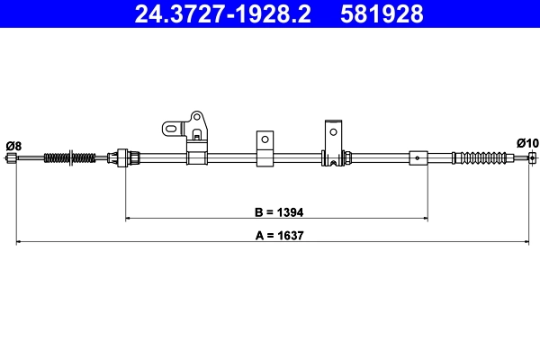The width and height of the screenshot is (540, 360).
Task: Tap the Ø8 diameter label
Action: click(13, 146)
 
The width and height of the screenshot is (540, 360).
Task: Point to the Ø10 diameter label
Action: click(527, 143)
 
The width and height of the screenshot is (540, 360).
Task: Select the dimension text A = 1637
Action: click(274, 237)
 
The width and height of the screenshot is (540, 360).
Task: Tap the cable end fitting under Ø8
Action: click(12, 159)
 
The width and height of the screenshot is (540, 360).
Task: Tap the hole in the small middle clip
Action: click(265, 139)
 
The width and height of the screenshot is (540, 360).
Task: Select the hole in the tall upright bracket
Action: click(333, 130)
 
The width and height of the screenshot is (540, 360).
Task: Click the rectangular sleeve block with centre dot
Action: click(418, 158)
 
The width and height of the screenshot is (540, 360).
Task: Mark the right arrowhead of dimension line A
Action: click(525, 241)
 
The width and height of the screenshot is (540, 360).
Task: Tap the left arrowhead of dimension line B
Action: click(129, 218)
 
